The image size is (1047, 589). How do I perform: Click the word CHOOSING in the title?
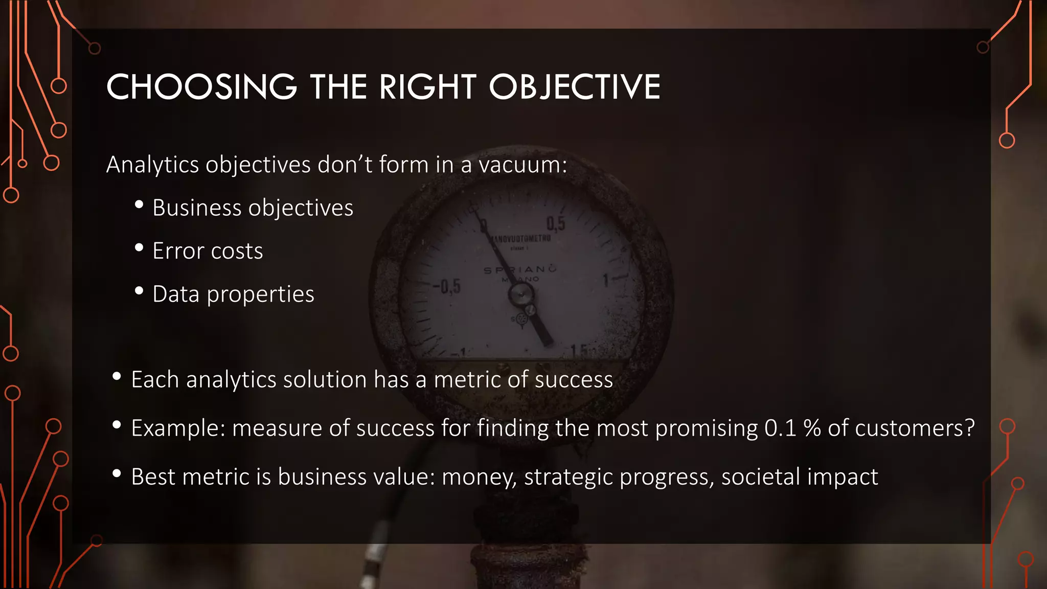pyautogui.click(x=201, y=87)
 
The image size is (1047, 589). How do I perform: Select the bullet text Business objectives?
pyautogui.click(x=253, y=208)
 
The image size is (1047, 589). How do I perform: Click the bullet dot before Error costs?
pyautogui.click(x=139, y=248)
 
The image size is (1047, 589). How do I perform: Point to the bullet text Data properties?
pyautogui.click(x=233, y=294)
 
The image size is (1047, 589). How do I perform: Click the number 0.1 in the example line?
pyautogui.click(x=780, y=428)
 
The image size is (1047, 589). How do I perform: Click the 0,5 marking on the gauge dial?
pyautogui.click(x=556, y=223)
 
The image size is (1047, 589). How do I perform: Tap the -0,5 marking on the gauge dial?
pyautogui.click(x=447, y=286)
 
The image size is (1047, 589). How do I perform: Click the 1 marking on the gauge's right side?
pyautogui.click(x=606, y=280)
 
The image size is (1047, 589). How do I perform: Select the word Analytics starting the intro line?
pyautogui.click(x=152, y=165)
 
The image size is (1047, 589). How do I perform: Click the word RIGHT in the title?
pyautogui.click(x=427, y=87)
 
